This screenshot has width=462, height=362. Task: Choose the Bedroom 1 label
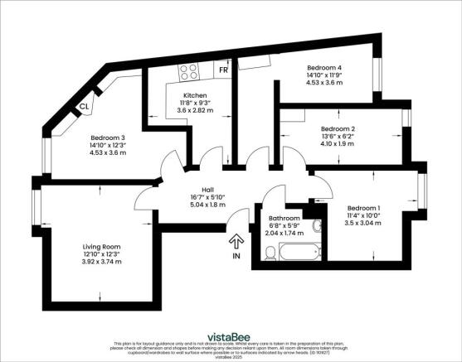pos(364,207)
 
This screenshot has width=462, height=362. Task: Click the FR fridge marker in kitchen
pos(223,70)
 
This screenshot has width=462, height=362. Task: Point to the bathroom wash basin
pos(316,226)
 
